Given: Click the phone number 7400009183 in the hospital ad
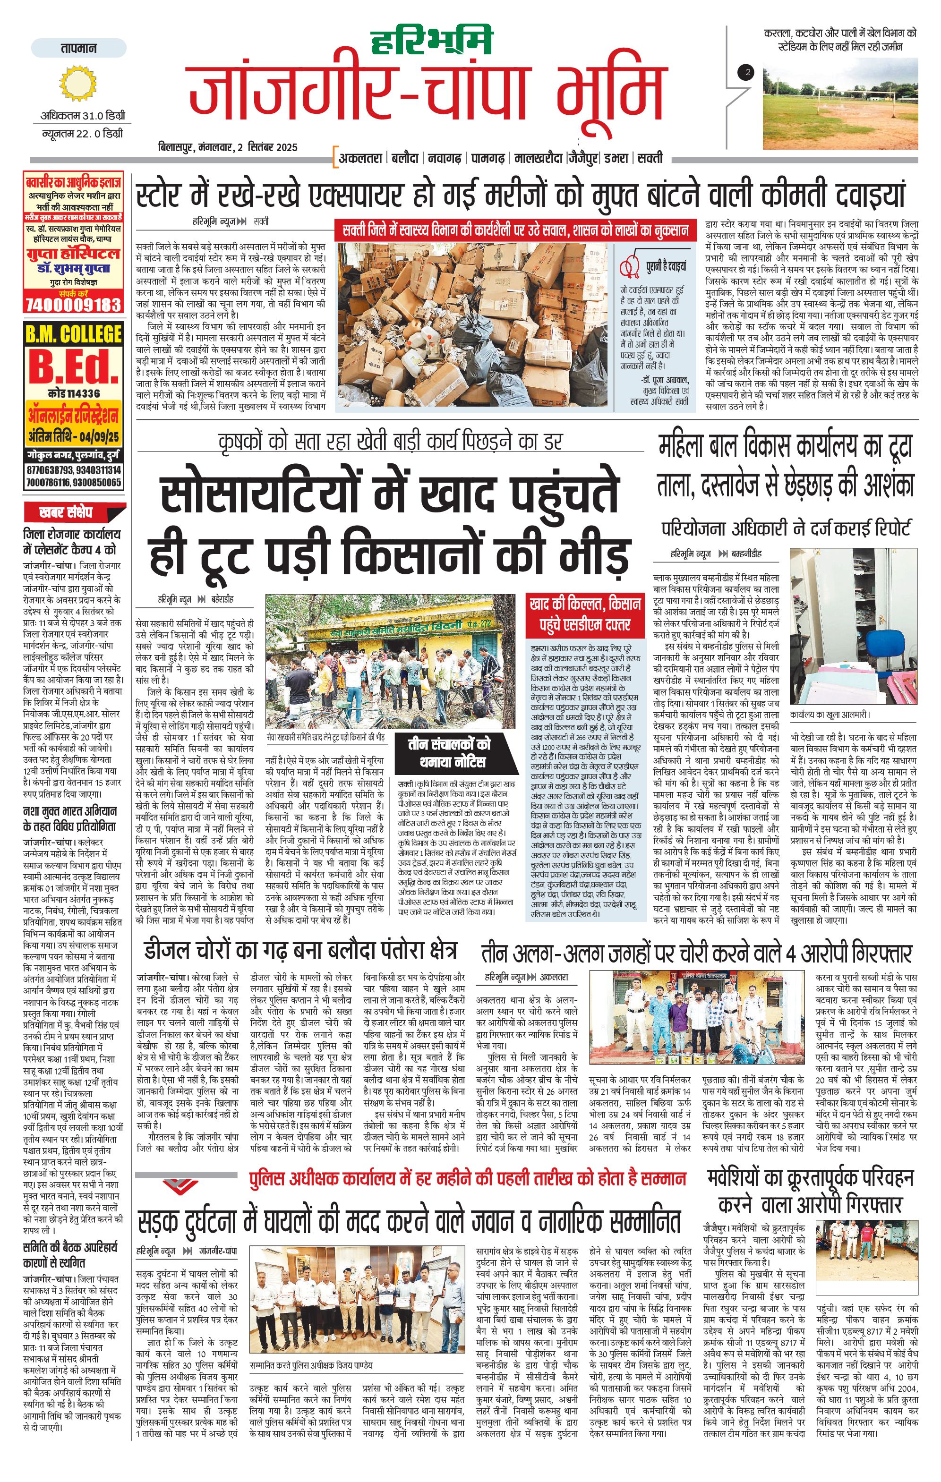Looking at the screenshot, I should click(x=73, y=304).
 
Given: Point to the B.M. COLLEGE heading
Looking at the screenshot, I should click(x=73, y=334).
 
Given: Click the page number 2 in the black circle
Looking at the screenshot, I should click(x=747, y=73).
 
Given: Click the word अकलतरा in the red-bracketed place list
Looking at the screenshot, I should click(x=360, y=158).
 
